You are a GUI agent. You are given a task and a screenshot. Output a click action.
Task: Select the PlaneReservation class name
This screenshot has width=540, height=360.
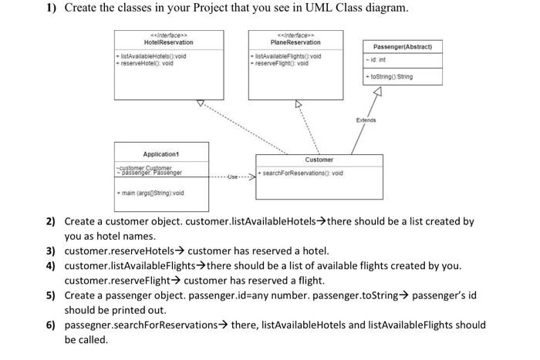click(x=295, y=42)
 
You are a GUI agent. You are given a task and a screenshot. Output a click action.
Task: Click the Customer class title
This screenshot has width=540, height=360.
click(x=319, y=160)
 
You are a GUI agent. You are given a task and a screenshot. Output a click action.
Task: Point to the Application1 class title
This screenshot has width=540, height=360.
click(x=161, y=154)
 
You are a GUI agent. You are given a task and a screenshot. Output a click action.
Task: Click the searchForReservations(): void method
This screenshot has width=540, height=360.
click(x=302, y=173)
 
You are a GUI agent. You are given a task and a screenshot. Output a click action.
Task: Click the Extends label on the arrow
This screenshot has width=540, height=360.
click(x=366, y=120)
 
